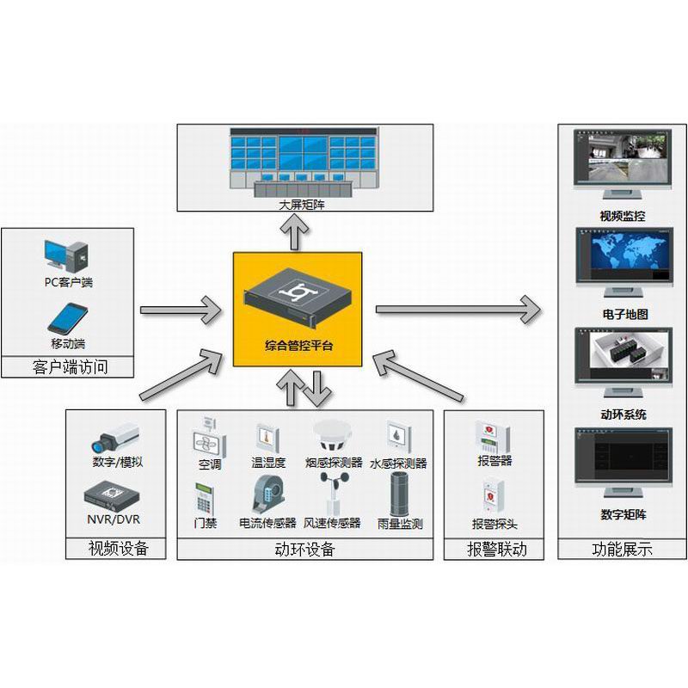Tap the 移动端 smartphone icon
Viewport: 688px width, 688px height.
68,317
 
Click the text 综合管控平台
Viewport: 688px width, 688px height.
298,346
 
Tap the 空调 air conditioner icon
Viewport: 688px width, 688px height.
209,436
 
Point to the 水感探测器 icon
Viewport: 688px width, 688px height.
397,436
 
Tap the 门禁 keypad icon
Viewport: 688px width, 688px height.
205,498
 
